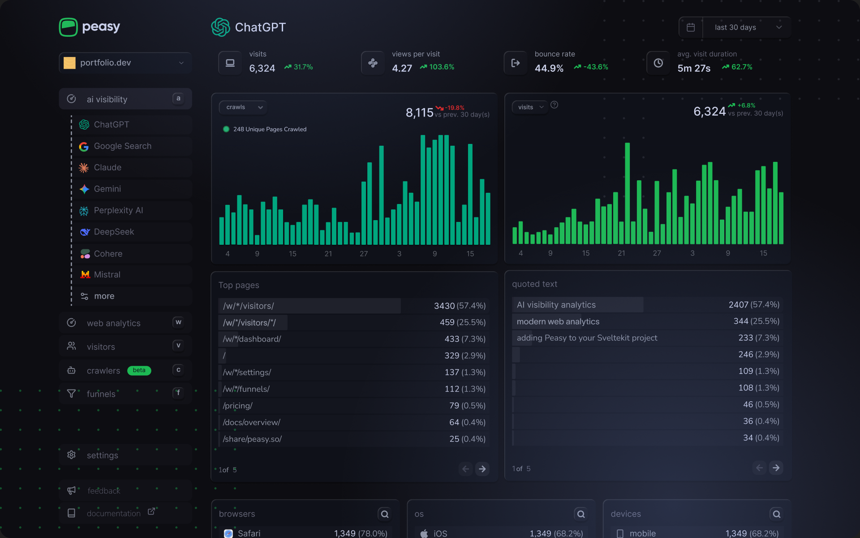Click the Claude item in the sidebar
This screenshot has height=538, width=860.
(107, 168)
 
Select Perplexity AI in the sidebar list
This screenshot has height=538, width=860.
(118, 210)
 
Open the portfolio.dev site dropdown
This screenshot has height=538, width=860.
(125, 63)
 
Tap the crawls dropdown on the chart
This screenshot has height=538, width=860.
(243, 107)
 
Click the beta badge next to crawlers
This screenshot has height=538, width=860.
(139, 370)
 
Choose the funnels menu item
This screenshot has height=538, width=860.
(101, 394)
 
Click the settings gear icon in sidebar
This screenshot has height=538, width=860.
(71, 455)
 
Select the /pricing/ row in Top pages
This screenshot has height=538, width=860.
(238, 406)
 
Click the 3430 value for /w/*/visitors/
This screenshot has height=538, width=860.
(444, 306)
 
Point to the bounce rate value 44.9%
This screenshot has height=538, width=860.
(549, 68)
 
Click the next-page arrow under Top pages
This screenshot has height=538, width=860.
(482, 469)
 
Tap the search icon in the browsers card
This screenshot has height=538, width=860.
(384, 514)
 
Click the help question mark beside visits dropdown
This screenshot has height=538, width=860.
(554, 105)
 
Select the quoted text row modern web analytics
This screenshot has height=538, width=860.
(558, 321)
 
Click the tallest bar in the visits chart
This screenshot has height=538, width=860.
(627, 193)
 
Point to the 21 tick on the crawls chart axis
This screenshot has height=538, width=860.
(328, 254)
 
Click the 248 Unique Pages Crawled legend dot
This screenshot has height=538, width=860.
(226, 129)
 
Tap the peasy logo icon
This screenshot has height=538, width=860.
(69, 27)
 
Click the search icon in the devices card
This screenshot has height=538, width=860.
(776, 514)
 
